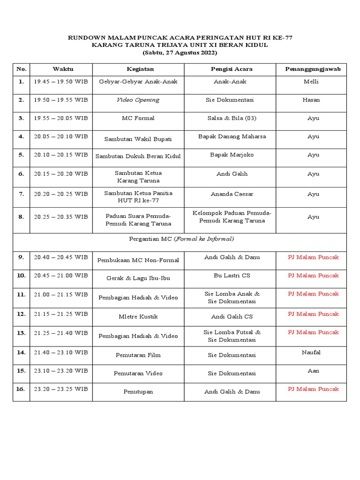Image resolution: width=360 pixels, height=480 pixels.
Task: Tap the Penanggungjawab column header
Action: (x=313, y=69)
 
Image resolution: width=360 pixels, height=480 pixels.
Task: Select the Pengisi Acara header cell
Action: (x=232, y=69)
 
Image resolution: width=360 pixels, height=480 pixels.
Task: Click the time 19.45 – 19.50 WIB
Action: (x=60, y=82)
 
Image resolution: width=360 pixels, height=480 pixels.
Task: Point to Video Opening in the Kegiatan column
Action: (x=138, y=100)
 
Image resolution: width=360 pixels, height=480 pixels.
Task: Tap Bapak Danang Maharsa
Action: (x=232, y=136)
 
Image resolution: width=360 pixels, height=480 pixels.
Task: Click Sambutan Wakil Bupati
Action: (x=138, y=139)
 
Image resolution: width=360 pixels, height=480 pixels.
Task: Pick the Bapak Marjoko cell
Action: (x=232, y=155)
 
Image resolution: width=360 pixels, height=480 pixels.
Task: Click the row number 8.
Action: (x=21, y=217)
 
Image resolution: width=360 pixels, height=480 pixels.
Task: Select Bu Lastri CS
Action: (x=232, y=276)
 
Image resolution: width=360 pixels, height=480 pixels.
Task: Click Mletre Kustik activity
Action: (x=138, y=317)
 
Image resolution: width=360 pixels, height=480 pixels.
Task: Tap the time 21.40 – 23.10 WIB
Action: (x=60, y=352)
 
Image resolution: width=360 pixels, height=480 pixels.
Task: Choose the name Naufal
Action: (x=311, y=352)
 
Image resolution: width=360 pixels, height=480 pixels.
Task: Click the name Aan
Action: (x=313, y=370)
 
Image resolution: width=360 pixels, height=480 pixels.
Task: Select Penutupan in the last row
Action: (x=138, y=391)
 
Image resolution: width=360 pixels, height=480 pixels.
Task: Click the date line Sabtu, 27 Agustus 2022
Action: (x=180, y=53)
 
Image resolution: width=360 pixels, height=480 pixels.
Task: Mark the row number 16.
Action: (x=21, y=389)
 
